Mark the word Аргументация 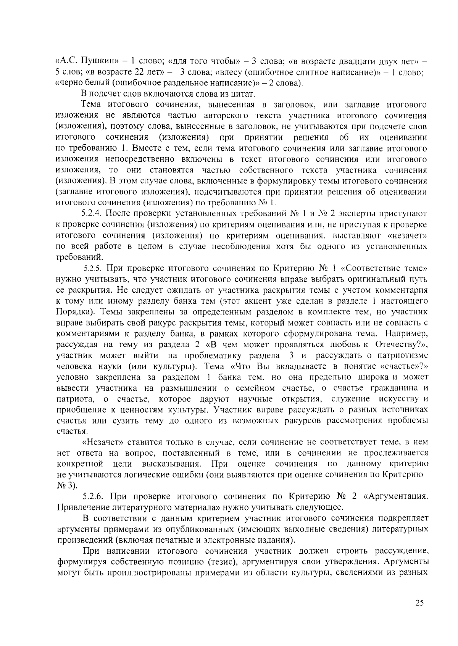click(x=397, y=496)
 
